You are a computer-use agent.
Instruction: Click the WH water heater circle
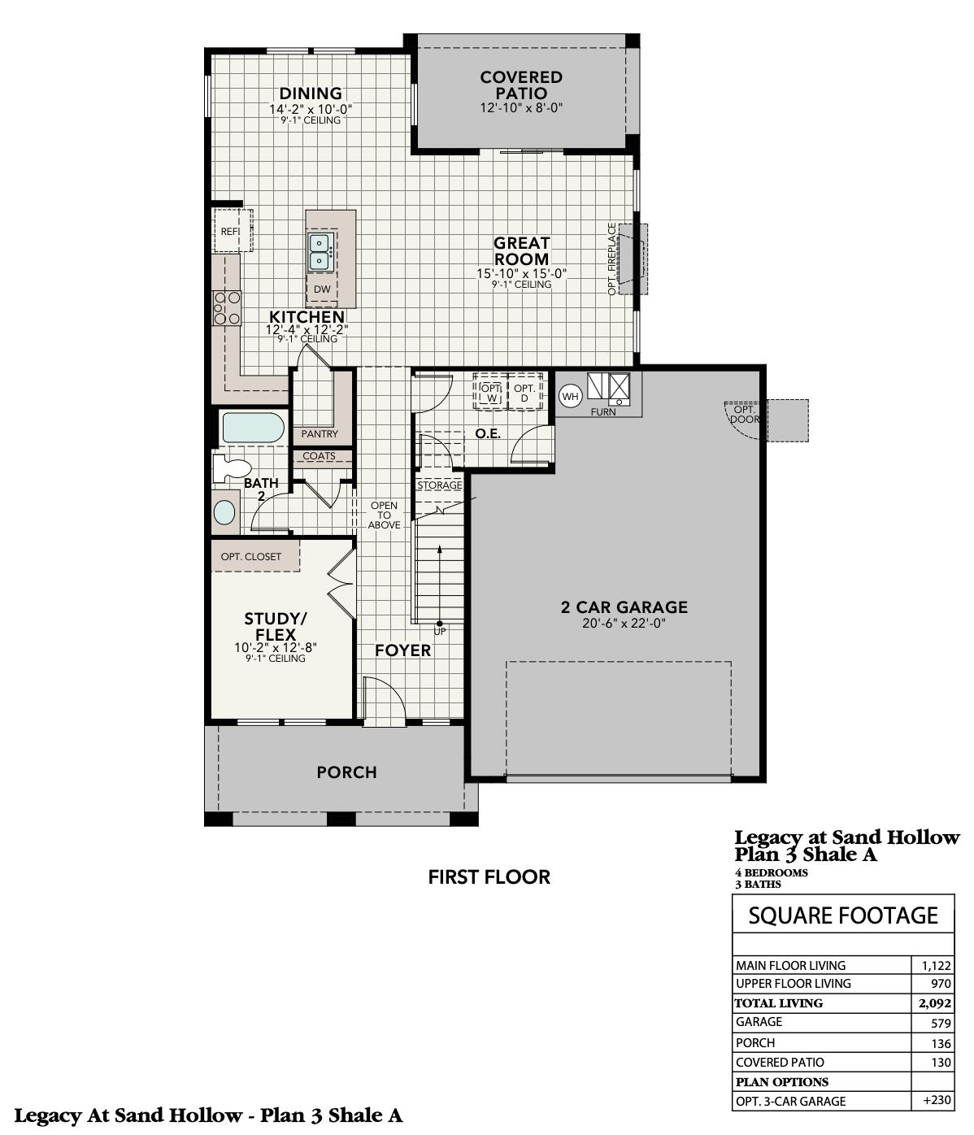[571, 397]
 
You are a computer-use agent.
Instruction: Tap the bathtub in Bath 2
[253, 428]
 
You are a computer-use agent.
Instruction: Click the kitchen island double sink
[320, 252]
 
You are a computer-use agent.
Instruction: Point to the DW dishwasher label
[322, 289]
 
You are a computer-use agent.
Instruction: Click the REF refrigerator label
[230, 232]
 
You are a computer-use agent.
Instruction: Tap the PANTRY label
[320, 434]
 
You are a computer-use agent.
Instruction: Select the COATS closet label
[319, 456]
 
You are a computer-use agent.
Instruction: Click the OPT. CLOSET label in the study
[251, 557]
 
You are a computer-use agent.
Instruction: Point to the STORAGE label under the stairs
[440, 485]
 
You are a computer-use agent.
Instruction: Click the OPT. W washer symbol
[491, 393]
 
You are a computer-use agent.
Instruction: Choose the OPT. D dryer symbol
[524, 393]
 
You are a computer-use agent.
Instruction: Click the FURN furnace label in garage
[603, 412]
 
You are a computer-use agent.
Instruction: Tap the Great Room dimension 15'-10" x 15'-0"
[521, 274]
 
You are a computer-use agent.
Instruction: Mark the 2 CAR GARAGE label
[624, 607]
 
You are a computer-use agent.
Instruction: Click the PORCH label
[346, 772]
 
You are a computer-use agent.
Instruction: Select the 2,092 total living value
[935, 1003]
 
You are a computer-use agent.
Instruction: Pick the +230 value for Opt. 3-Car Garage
[937, 1101]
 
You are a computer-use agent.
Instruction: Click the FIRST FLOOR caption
[489, 877]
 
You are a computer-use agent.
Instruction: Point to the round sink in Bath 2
[224, 512]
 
